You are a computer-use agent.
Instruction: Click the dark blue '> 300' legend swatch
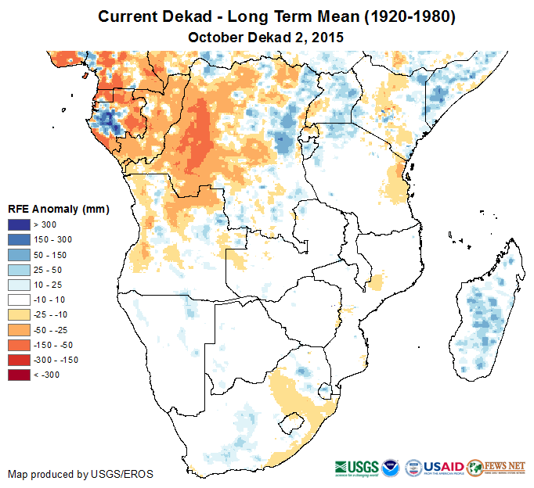click(x=20, y=225)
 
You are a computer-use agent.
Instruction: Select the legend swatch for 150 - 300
click(x=20, y=240)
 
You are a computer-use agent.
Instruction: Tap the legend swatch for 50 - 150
click(x=20, y=255)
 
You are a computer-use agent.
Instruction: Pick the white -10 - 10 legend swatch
click(x=20, y=300)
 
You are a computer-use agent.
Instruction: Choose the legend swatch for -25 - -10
click(x=20, y=314)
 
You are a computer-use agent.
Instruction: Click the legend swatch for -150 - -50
click(x=20, y=345)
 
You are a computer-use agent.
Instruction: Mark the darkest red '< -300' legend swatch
click(x=20, y=375)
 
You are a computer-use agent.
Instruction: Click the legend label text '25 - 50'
click(x=47, y=270)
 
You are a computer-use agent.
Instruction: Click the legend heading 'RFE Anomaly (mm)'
click(x=59, y=209)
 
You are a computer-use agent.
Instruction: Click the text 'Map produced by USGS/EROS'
click(x=81, y=474)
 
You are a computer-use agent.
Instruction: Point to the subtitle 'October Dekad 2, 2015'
click(x=266, y=37)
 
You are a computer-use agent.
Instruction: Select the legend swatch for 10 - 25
click(x=20, y=285)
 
